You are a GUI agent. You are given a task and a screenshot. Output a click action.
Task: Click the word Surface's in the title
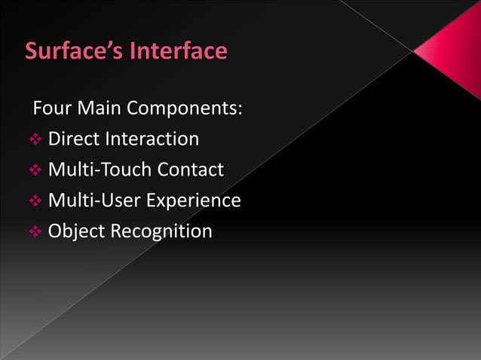tap(75, 51)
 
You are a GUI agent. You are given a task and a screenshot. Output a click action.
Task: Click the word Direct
tap(74, 139)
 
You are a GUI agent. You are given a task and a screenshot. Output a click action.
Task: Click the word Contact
tap(190, 169)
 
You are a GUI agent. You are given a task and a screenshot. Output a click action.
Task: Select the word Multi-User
tap(94, 200)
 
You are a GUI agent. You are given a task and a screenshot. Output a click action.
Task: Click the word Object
tap(76, 230)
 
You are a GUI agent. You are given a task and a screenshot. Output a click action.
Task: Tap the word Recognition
tap(161, 231)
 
